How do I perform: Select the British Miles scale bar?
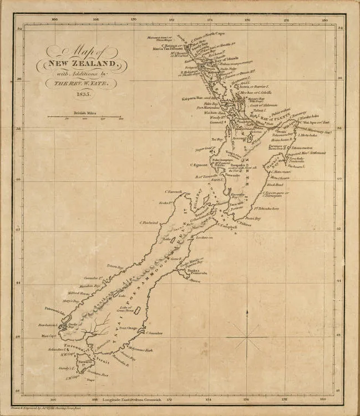[x=84, y=116]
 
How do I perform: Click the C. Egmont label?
[x=199, y=165]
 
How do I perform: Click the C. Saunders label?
[x=154, y=333]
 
